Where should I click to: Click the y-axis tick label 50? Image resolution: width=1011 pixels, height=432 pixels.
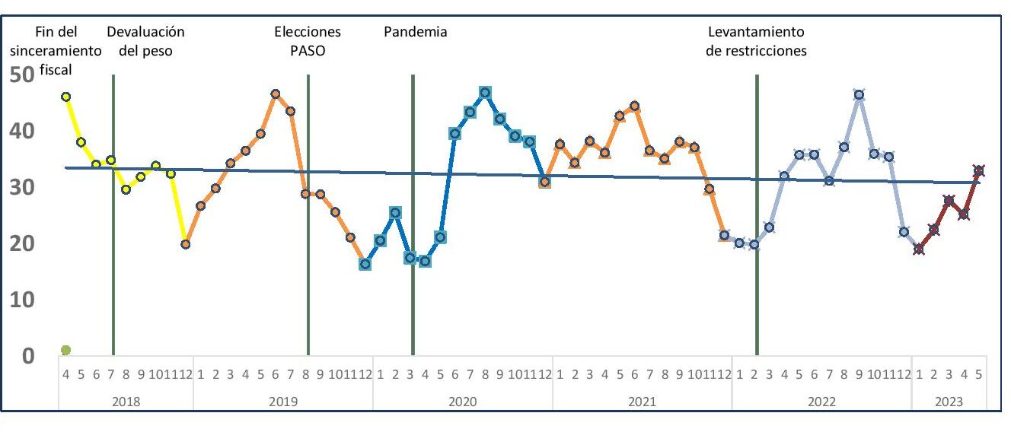pyautogui.click(x=22, y=75)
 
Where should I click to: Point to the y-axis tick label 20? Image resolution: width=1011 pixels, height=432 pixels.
pyautogui.click(x=22, y=244)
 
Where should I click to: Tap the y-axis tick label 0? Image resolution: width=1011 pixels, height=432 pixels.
pyautogui.click(x=27, y=356)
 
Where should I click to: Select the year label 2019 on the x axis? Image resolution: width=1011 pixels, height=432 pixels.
pyautogui.click(x=283, y=401)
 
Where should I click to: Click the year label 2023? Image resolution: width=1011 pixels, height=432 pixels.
pyautogui.click(x=949, y=401)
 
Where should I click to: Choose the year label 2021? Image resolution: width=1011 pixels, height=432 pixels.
pyautogui.click(x=643, y=401)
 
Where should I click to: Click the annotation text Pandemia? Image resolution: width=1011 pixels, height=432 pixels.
pyautogui.click(x=415, y=32)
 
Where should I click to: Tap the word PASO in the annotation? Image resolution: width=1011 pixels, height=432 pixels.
pyautogui.click(x=308, y=52)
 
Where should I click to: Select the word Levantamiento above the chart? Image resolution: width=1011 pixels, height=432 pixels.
pyautogui.click(x=756, y=32)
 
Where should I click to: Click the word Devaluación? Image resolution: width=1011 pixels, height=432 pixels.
pyautogui.click(x=145, y=32)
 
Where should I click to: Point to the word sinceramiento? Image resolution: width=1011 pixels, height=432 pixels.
pyautogui.click(x=62, y=52)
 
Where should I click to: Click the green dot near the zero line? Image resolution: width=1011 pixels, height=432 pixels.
pyautogui.click(x=65, y=350)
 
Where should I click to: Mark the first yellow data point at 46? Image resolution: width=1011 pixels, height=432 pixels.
pyautogui.click(x=66, y=97)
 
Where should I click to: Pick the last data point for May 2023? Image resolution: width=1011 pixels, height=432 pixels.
pyautogui.click(x=979, y=170)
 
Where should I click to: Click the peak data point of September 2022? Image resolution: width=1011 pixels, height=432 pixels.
pyautogui.click(x=859, y=95)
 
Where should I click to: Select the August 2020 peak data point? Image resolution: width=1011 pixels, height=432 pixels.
pyautogui.click(x=485, y=92)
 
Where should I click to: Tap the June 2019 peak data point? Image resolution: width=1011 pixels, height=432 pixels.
pyautogui.click(x=276, y=94)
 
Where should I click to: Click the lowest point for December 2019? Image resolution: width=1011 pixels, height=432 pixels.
pyautogui.click(x=365, y=264)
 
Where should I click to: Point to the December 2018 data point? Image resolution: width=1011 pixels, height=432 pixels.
pyautogui.click(x=185, y=244)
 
